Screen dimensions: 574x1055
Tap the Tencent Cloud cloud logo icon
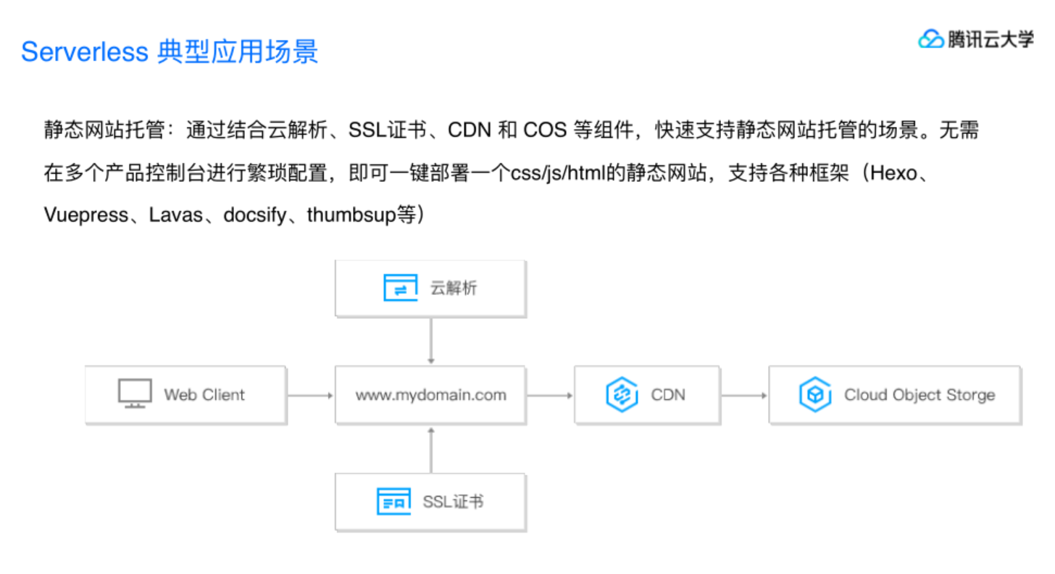[x=930, y=39]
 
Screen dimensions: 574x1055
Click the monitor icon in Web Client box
[x=135, y=394]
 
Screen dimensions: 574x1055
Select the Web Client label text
[x=204, y=395]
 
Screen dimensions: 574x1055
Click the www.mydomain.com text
[x=430, y=395]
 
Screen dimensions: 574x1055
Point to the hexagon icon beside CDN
[x=621, y=395]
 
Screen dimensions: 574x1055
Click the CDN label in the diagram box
[x=668, y=395]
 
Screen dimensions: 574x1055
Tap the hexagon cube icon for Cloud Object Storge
[x=815, y=395]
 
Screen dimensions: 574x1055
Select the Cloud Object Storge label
[x=919, y=395]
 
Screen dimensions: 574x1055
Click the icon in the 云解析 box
[x=400, y=288]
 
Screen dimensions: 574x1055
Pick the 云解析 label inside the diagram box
[x=454, y=288]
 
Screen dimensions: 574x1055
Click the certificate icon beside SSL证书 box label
[x=393, y=502]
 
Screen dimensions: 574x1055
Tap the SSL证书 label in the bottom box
[x=453, y=502]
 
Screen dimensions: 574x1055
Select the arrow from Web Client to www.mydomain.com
[x=310, y=395]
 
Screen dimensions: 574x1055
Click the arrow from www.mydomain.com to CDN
[x=549, y=395]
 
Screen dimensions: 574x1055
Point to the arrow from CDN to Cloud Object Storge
[x=744, y=395]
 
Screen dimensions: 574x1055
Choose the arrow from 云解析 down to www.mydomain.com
[x=431, y=340]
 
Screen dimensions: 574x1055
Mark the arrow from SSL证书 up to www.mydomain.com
[x=431, y=449]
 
